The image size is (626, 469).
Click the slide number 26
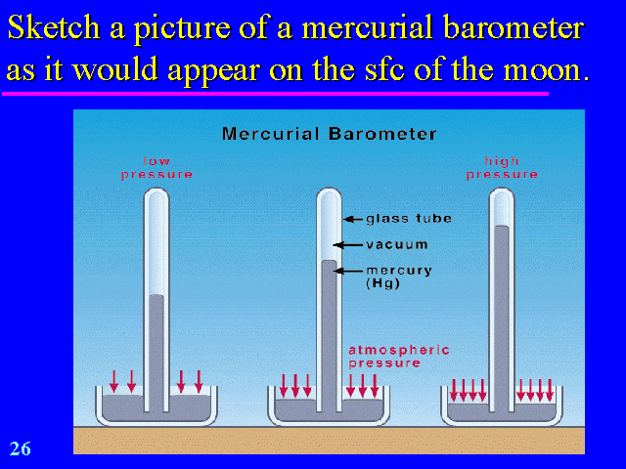tap(21, 448)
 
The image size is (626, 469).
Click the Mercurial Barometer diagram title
tap(329, 133)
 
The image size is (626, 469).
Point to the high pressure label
tap(502, 167)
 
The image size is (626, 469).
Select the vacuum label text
tap(396, 244)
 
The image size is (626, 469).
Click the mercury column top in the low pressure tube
tap(156, 296)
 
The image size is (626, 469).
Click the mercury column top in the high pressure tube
tap(502, 228)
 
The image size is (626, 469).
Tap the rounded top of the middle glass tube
tap(329, 193)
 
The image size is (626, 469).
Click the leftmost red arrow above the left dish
tap(114, 380)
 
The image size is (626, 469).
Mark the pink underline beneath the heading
tap(274, 93)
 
